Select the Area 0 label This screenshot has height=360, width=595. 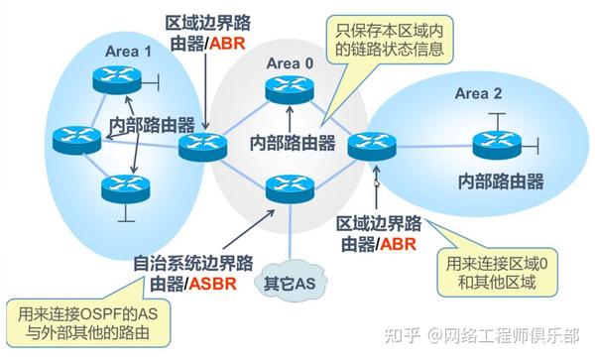pyautogui.click(x=289, y=63)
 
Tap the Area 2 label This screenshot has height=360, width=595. pyautogui.click(x=479, y=94)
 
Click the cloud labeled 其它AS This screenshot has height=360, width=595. pyautogui.click(x=289, y=284)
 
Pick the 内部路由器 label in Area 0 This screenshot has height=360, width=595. pyautogui.click(x=293, y=142)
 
